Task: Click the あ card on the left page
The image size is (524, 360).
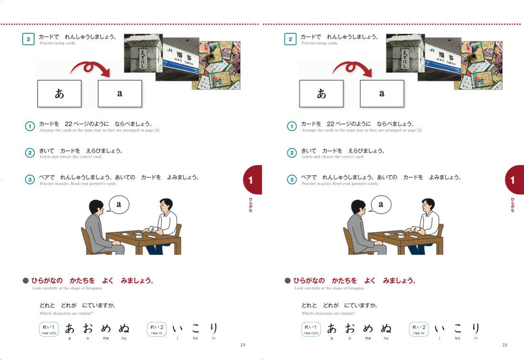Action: [x=59, y=93]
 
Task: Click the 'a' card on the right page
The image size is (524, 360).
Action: [x=382, y=93]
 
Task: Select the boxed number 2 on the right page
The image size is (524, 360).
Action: [x=290, y=39]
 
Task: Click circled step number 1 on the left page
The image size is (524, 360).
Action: [x=30, y=126]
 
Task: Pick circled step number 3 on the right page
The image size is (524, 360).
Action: [x=292, y=180]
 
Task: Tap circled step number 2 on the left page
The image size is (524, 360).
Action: [x=30, y=153]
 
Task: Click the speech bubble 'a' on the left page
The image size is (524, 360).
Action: [x=119, y=205]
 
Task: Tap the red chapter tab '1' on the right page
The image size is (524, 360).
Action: [x=514, y=180]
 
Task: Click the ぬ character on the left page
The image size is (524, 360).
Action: [x=124, y=328]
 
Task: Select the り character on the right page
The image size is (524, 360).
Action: [x=475, y=328]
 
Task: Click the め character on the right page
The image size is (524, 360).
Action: [x=368, y=328]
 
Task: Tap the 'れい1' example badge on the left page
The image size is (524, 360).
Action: [x=49, y=329]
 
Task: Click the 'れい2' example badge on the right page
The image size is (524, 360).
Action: [x=419, y=329]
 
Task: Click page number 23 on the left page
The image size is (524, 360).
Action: [x=242, y=345]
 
